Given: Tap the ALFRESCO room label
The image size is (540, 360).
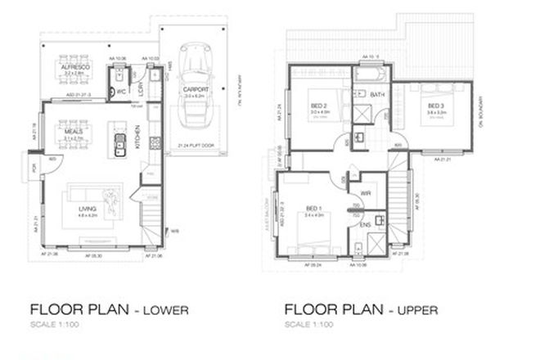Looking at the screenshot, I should (75, 63).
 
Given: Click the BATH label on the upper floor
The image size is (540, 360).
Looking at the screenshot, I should (377, 95).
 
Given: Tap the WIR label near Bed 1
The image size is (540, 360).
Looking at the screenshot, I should (366, 194).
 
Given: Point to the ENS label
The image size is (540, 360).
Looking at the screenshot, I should (365, 223).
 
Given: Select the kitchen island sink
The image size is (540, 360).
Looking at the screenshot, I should (119, 148).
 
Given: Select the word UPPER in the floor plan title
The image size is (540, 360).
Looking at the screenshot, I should (416, 310).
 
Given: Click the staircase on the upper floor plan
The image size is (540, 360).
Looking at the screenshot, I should (401, 196).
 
